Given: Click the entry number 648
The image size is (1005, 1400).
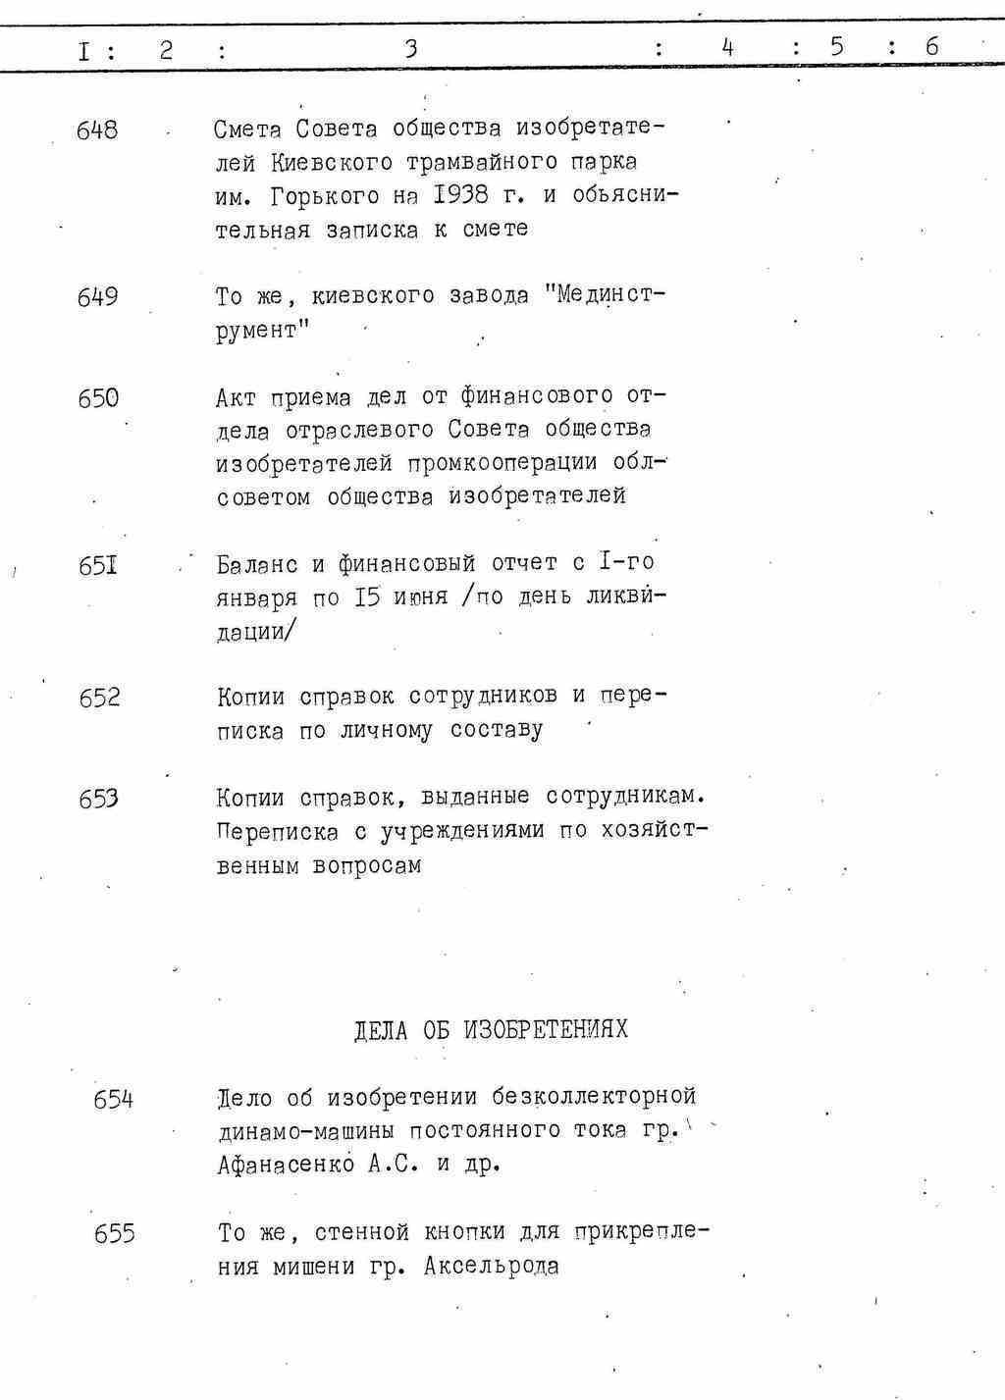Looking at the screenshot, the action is coord(97,130).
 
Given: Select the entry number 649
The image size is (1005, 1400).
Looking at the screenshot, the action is coord(97,296).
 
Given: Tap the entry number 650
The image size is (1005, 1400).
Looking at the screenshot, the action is coord(98,398).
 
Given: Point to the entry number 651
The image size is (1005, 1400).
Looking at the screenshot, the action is coord(98,567).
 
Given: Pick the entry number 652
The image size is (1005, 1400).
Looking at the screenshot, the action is coord(99,698).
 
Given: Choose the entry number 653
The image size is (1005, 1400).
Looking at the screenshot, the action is coord(99,799).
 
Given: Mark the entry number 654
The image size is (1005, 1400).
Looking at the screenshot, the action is coord(113,1100).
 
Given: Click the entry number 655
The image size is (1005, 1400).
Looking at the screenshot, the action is coord(114,1233).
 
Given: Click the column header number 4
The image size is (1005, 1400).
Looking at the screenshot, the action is coord(727,47).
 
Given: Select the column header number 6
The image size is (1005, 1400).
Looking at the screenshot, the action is coord(931,46).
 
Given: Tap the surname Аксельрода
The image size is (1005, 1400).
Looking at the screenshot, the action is coord(492,1266).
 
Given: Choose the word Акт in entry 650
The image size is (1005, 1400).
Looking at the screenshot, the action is coord(236,397).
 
